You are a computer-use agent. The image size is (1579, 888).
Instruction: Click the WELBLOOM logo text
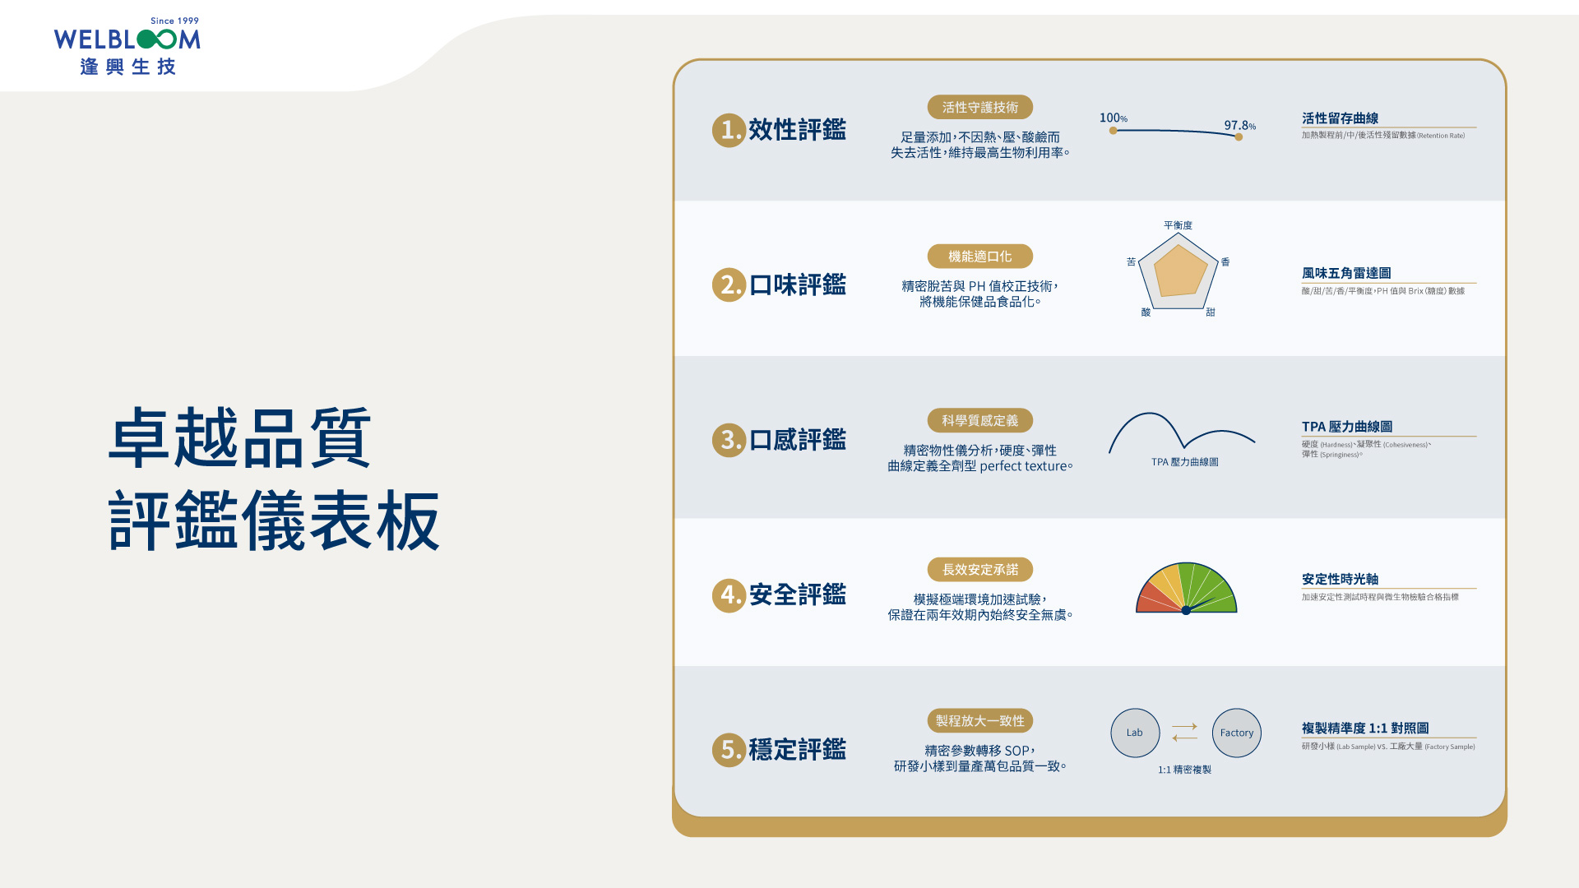coord(127,39)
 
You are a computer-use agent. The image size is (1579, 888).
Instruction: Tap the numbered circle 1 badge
coord(729,130)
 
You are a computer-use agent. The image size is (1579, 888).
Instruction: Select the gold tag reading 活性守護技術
coord(979,108)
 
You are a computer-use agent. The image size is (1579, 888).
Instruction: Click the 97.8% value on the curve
coord(1239,126)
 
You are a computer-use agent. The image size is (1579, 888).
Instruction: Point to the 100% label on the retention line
coord(1113,118)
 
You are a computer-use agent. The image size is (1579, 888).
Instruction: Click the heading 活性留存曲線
coord(1340,118)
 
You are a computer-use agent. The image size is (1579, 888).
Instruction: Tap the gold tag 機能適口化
coord(979,257)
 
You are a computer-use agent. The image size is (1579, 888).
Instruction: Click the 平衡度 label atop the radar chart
coord(1178,225)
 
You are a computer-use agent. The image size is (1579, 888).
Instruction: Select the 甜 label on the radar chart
coord(1210,312)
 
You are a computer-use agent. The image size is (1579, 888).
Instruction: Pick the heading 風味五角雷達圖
coord(1346,273)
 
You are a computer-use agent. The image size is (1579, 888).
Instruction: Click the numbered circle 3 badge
coord(729,440)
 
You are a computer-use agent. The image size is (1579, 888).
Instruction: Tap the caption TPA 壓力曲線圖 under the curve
coord(1184,462)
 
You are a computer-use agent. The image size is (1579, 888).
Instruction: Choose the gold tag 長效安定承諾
coord(979,570)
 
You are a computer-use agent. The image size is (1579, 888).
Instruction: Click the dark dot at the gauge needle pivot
coord(1186,610)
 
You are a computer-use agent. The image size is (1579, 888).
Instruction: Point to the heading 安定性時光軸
coord(1340,580)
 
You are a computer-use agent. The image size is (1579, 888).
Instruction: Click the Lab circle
coord(1135,733)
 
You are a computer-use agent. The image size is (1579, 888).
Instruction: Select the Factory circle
coord(1236,733)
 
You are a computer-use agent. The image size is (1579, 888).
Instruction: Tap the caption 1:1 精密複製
coord(1184,770)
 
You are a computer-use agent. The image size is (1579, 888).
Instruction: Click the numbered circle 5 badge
coord(729,750)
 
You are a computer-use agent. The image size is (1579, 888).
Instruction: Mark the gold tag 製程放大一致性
coord(979,721)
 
